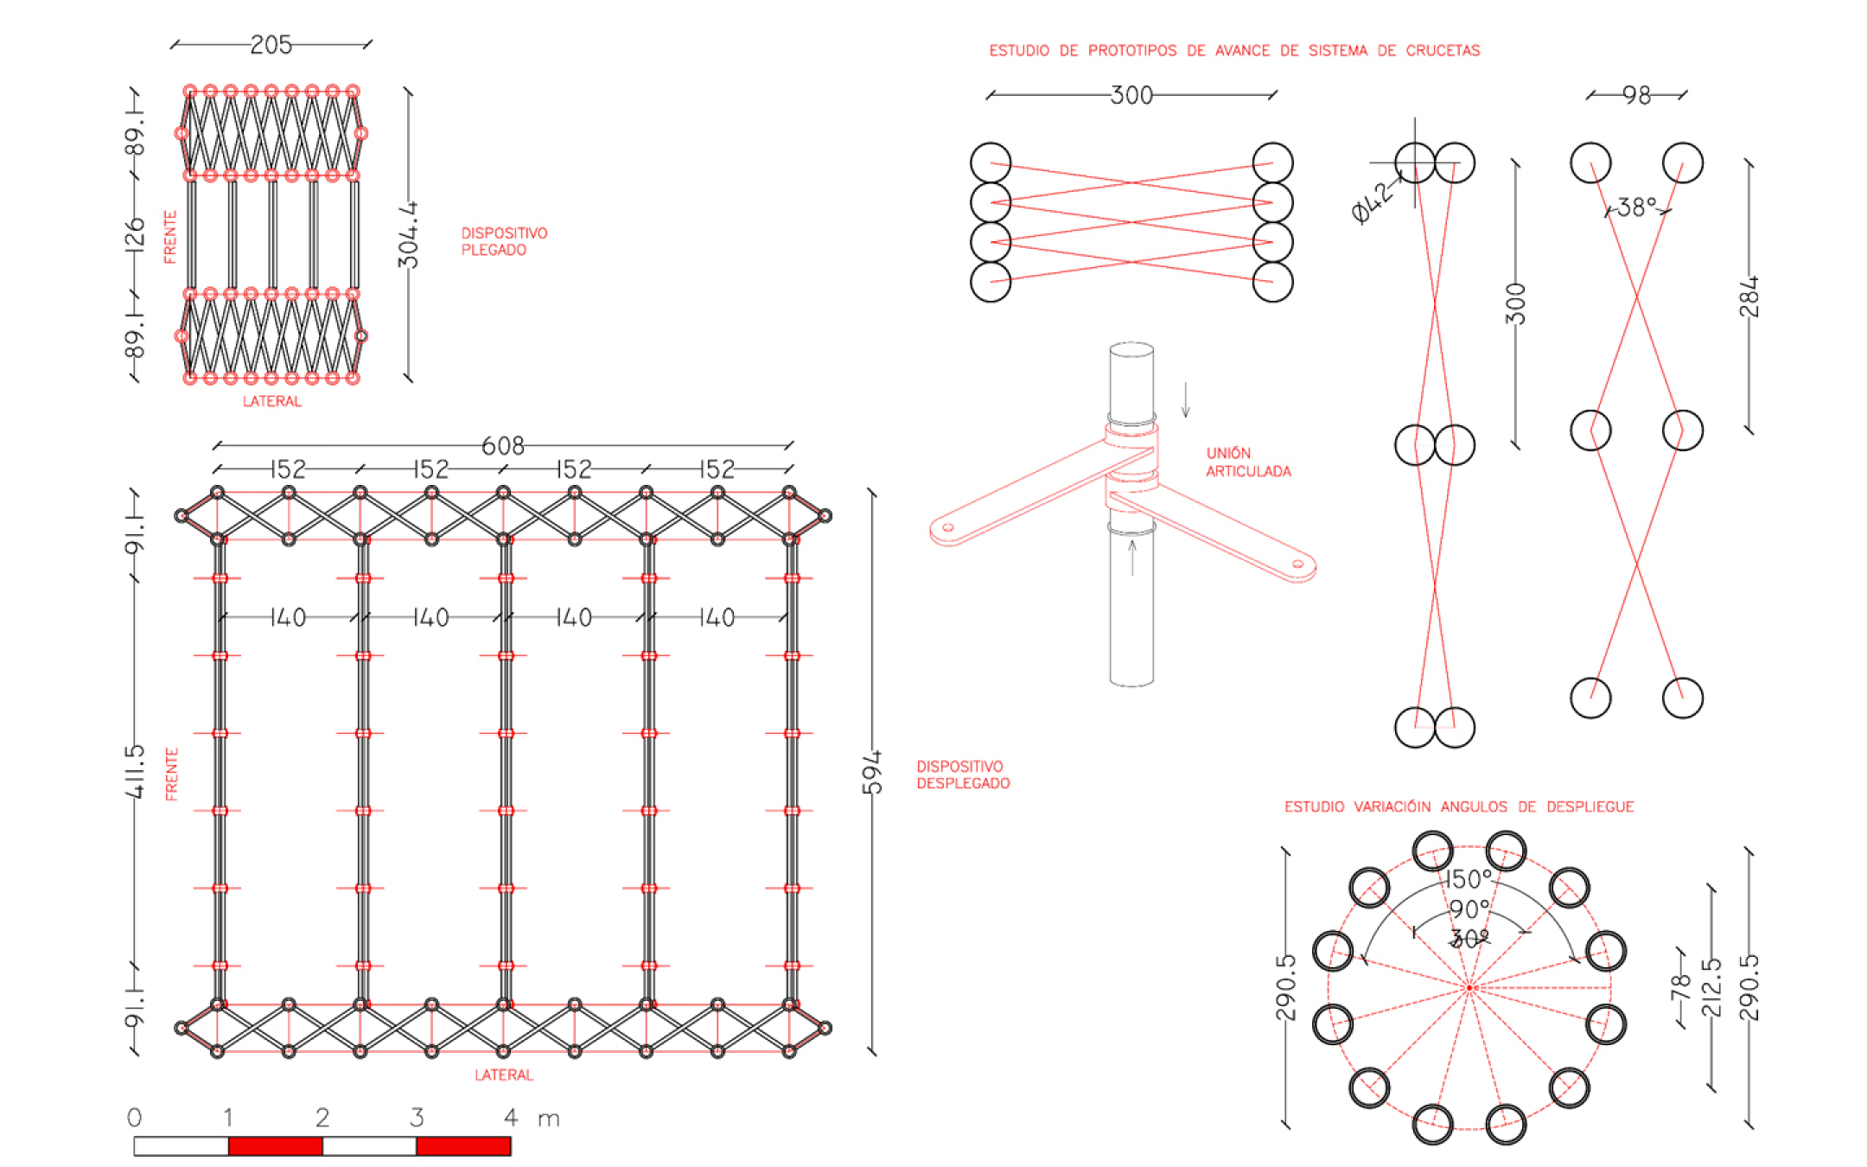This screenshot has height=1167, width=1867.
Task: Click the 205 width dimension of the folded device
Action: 271,44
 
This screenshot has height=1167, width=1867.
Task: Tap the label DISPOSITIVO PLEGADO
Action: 503,241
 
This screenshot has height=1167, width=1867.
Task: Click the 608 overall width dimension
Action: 502,445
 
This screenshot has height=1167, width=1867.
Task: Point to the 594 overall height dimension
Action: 872,772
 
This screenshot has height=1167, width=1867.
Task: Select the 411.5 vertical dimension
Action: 134,772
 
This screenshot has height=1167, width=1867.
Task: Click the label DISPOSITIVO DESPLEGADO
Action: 962,775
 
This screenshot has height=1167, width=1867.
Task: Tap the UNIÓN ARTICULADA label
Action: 1247,462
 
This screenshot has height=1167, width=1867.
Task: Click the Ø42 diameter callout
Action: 1374,203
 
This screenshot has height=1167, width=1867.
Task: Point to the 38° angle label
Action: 1637,207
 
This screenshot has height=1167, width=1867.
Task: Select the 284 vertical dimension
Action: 1749,297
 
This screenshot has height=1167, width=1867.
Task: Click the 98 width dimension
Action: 1636,95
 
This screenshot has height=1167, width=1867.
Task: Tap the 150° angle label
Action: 1469,879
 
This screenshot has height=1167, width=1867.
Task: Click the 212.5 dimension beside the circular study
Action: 1711,987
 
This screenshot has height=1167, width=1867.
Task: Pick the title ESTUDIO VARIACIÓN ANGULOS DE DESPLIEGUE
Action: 1458,807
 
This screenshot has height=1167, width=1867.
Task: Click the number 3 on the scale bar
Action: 417,1118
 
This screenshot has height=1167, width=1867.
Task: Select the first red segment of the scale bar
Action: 275,1146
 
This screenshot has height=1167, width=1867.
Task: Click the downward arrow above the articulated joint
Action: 1186,400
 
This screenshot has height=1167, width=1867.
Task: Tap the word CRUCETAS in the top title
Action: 1443,51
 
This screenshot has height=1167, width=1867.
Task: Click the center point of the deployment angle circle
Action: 1469,987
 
